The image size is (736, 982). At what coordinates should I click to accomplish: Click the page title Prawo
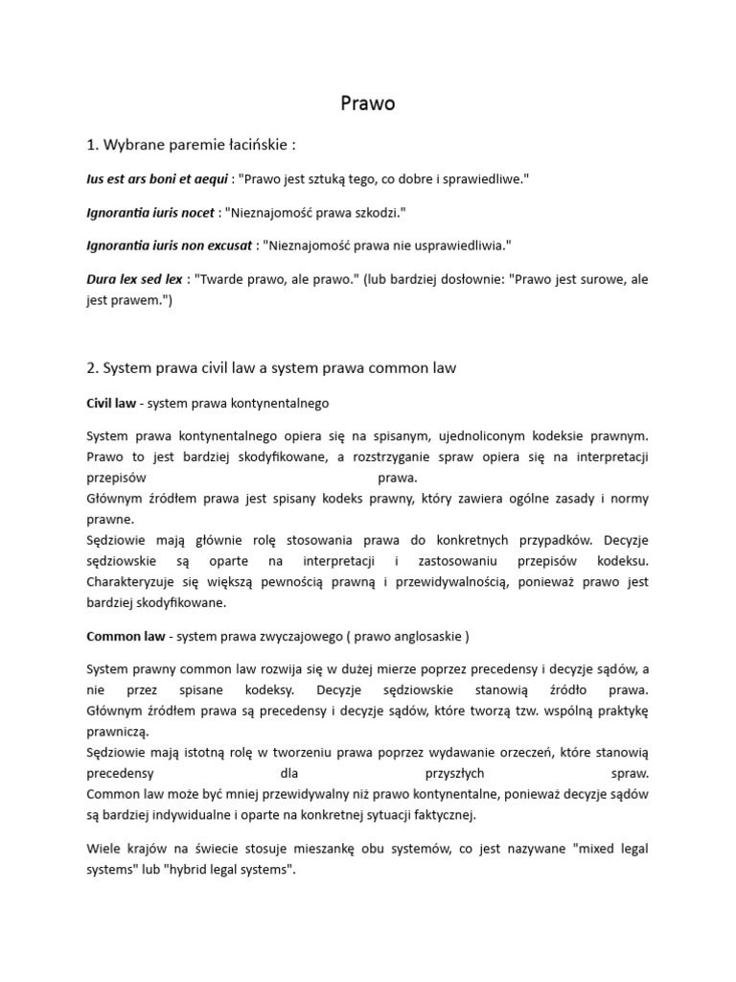[368, 104]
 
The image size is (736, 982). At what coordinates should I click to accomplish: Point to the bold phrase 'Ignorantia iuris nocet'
[150, 212]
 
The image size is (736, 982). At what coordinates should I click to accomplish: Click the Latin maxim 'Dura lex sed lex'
[134, 279]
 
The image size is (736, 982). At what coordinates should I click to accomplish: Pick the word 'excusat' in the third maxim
[226, 245]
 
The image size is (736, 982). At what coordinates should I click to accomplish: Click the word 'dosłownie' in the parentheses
[466, 279]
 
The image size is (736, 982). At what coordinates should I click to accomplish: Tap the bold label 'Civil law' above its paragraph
[111, 403]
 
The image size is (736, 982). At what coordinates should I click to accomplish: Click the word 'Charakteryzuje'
[134, 581]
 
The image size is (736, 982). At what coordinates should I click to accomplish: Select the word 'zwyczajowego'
[308, 636]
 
